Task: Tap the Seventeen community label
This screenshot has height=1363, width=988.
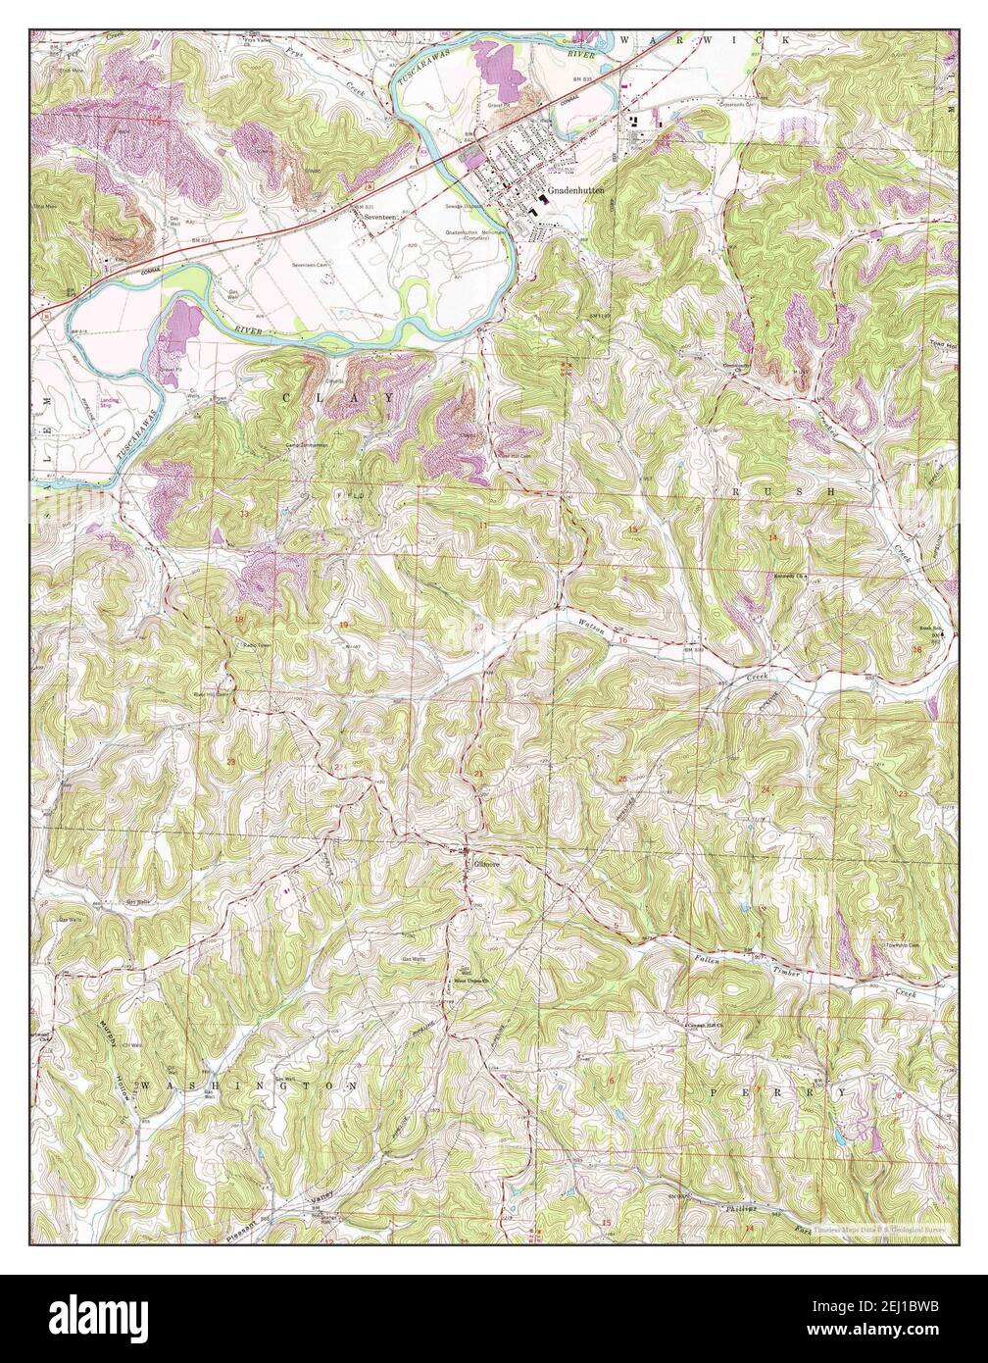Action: point(378,217)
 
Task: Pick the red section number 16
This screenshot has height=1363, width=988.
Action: point(622,640)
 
